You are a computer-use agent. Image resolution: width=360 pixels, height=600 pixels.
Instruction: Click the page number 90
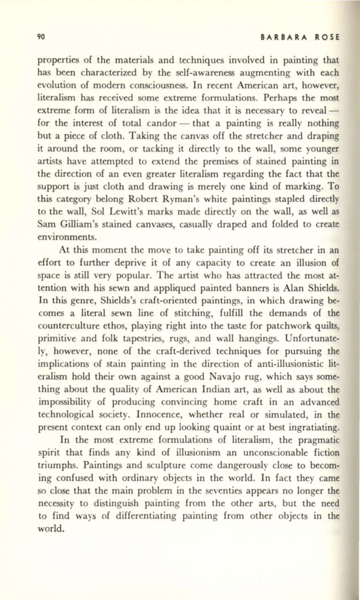pyautogui.click(x=41, y=37)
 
